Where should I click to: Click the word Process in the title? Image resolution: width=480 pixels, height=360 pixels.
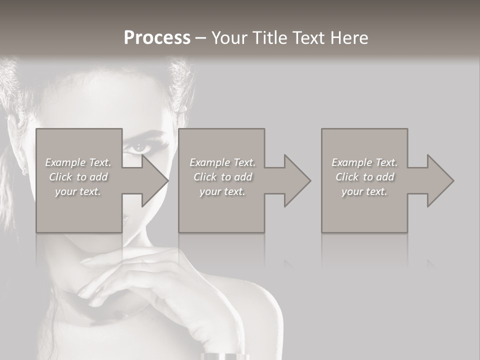click(x=157, y=38)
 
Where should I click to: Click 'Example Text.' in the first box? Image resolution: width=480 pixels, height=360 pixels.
click(x=78, y=162)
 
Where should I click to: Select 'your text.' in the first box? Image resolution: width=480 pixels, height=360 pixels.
click(x=78, y=191)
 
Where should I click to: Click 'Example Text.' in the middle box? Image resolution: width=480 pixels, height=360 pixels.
click(x=222, y=162)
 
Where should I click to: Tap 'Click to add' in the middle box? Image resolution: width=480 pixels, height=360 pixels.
click(x=222, y=177)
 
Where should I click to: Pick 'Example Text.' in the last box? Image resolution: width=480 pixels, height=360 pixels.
click(x=364, y=162)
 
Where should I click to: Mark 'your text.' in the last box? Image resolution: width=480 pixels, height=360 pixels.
click(x=364, y=191)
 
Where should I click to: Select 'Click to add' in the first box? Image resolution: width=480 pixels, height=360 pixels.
click(x=78, y=177)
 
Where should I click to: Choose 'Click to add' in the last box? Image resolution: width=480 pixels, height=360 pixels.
click(x=364, y=177)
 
